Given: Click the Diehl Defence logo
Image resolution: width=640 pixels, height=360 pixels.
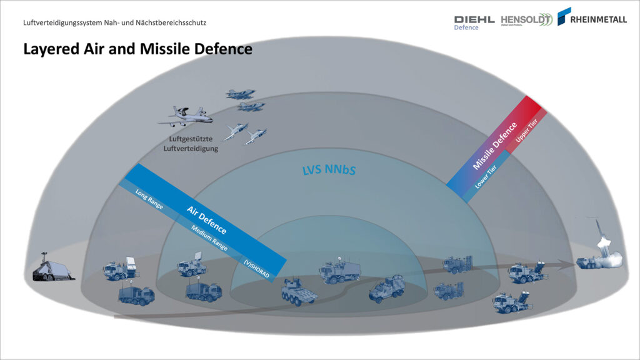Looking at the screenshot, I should (x=474, y=22).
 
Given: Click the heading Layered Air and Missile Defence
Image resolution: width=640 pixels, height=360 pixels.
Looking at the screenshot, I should (x=137, y=49).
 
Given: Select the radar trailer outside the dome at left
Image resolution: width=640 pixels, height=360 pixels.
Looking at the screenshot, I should (x=53, y=269).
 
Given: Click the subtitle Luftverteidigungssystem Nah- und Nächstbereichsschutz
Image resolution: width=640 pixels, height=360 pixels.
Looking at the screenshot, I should (x=114, y=22).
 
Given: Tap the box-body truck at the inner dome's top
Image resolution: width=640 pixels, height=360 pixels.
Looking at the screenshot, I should (x=339, y=271).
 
